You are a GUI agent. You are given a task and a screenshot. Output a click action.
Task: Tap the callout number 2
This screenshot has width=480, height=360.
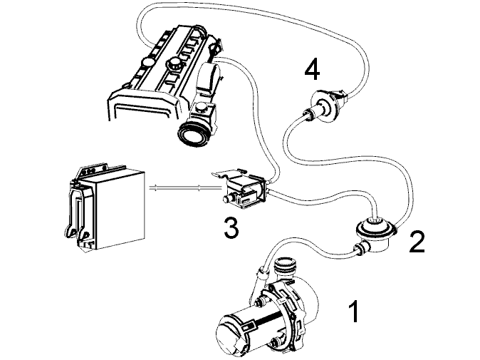pyautogui.click(x=417, y=242)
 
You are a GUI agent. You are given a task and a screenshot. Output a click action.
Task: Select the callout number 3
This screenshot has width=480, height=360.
pyautogui.click(x=231, y=227)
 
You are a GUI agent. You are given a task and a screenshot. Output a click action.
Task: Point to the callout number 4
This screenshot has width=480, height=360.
pyautogui.click(x=312, y=69)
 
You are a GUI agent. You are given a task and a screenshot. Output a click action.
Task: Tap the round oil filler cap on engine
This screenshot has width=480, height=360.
pyautogui.click(x=174, y=63)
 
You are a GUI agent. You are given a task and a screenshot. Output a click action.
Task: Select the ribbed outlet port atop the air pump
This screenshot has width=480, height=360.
pyautogui.click(x=286, y=267)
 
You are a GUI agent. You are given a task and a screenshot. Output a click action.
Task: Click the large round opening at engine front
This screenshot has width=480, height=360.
pyautogui.click(x=192, y=133)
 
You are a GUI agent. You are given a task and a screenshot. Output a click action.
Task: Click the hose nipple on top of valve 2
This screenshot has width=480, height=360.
pyautogui.click(x=375, y=218)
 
